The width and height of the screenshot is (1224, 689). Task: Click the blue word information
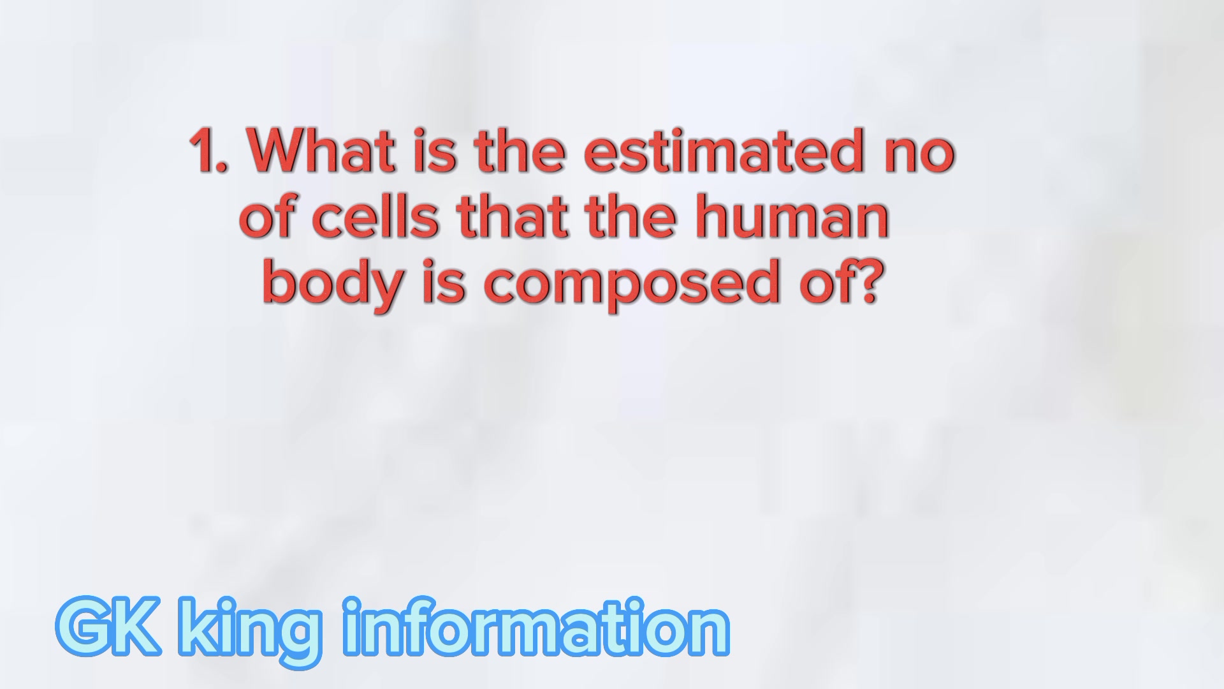tap(536, 626)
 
